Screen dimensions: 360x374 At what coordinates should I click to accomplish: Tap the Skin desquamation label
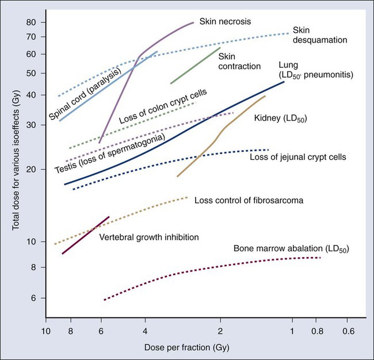pos(319,35)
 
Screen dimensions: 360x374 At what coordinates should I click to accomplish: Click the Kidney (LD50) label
pos(280,118)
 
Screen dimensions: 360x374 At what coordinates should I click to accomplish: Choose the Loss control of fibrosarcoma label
pos(249,200)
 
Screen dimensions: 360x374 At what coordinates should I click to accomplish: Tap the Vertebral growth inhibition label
pos(149,237)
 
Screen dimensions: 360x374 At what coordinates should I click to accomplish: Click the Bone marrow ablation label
pos(291,248)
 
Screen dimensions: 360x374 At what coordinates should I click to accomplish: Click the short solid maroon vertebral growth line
pos(85,235)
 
